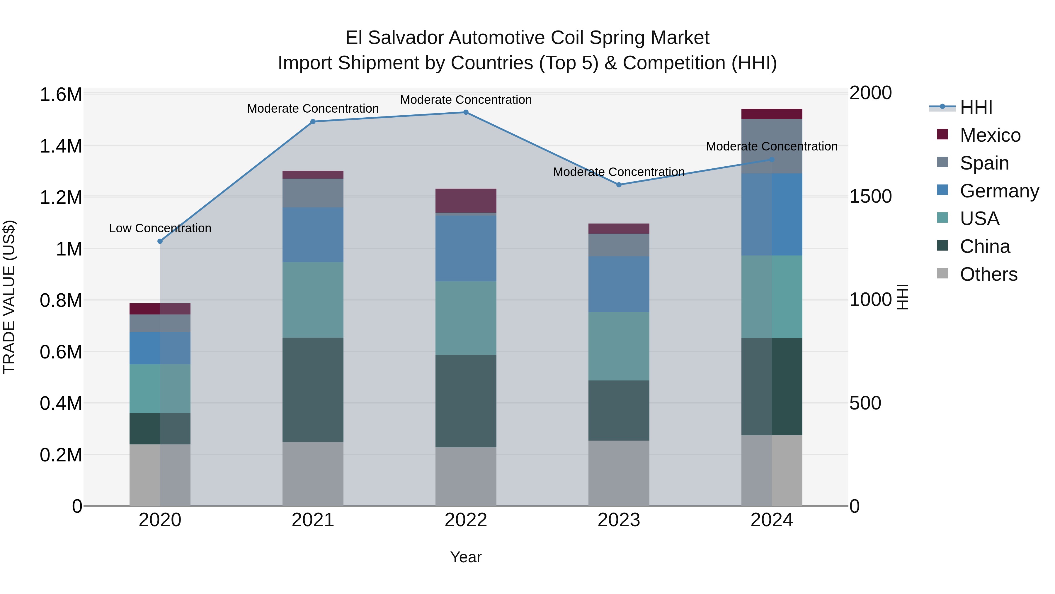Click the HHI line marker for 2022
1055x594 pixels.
[x=466, y=112]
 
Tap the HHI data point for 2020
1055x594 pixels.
[x=160, y=241]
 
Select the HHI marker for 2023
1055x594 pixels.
[x=619, y=185]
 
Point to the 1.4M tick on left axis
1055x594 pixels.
[x=61, y=146]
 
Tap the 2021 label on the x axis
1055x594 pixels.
[x=313, y=520]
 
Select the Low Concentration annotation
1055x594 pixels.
[x=160, y=228]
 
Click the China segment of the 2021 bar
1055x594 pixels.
[x=313, y=390]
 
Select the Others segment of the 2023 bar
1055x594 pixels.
[x=619, y=473]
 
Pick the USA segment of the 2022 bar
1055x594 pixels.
[x=466, y=318]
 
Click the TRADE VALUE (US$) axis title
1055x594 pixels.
[x=9, y=297]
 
